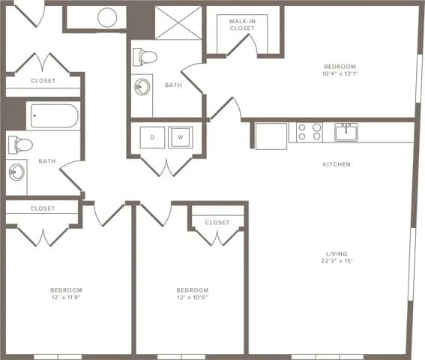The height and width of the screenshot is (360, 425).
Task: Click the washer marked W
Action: (x=180, y=137)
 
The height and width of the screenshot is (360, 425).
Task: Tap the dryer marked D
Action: (x=152, y=137)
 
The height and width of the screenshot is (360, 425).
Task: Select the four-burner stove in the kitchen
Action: (x=310, y=132)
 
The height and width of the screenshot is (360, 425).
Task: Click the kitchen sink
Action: (x=346, y=131)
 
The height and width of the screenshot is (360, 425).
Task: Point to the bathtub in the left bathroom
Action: (x=52, y=116)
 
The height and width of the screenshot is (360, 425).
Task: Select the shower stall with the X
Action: (x=178, y=22)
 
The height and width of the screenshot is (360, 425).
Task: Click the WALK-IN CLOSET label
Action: (x=242, y=25)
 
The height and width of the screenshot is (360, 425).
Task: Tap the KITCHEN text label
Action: (x=337, y=164)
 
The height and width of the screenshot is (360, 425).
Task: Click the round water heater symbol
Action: (x=107, y=16)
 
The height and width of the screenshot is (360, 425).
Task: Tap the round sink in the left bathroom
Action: (x=16, y=172)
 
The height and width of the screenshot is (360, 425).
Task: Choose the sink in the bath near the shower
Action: (x=142, y=86)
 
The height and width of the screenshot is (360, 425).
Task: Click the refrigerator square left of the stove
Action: (x=271, y=136)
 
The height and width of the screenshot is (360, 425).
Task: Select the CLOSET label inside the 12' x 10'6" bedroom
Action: (x=217, y=222)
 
